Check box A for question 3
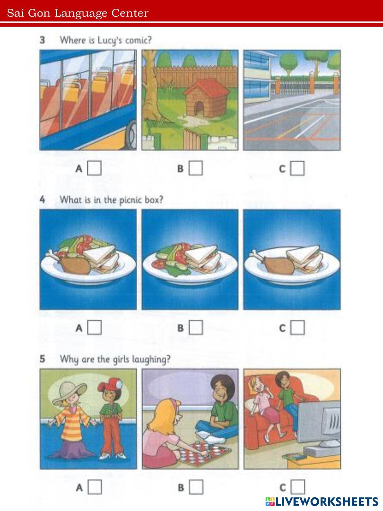[x=94, y=168]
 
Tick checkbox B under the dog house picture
[x=196, y=168]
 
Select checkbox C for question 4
[x=298, y=327]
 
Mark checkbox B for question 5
[x=196, y=487]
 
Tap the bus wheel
[x=132, y=135]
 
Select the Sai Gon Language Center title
[x=78, y=13]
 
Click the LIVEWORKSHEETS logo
[x=322, y=501]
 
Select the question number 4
[x=42, y=200]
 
